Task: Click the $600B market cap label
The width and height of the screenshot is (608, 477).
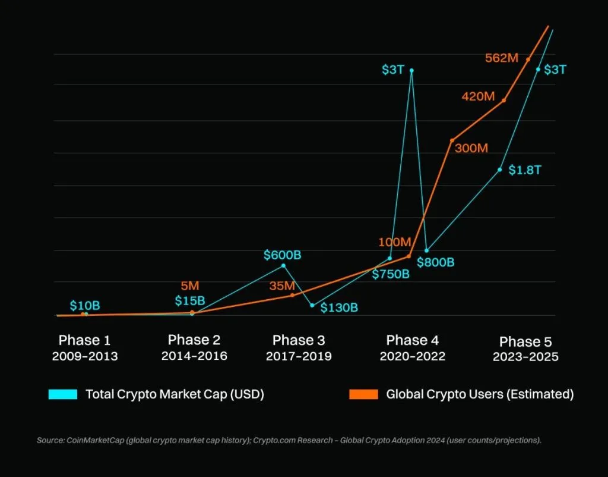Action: [x=283, y=255]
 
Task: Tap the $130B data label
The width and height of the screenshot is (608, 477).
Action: [x=339, y=307]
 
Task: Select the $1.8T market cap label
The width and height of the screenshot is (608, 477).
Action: [x=525, y=170]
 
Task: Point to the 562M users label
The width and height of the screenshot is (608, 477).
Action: [x=502, y=58]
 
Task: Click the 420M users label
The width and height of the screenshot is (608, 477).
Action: [x=478, y=96]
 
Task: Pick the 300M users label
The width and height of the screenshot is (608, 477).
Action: [x=471, y=148]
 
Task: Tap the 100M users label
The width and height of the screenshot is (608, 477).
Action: [x=395, y=242]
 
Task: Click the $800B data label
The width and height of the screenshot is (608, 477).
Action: [x=435, y=262]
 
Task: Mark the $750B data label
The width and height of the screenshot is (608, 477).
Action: [x=391, y=274]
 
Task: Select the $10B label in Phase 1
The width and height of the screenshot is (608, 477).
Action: [x=85, y=306]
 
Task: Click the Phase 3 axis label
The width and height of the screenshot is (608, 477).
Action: [x=299, y=340]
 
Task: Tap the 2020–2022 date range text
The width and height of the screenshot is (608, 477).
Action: [x=413, y=356]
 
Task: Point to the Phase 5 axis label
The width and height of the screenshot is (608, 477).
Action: [x=525, y=341]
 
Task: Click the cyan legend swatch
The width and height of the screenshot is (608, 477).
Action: [x=63, y=394]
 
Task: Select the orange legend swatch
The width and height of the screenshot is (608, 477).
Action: [x=363, y=394]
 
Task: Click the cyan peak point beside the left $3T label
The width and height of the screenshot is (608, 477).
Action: [x=411, y=70]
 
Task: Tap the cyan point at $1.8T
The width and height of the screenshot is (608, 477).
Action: [x=500, y=170]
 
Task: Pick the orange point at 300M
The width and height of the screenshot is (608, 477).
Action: [x=452, y=140]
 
